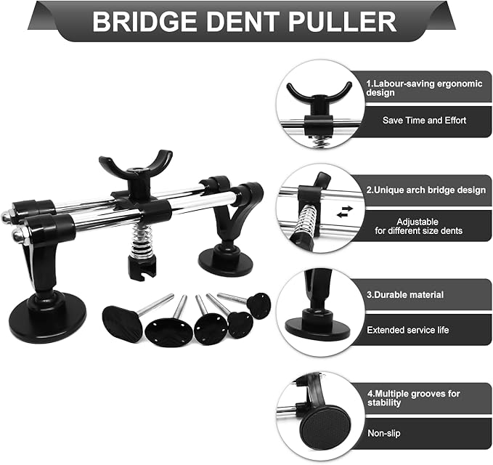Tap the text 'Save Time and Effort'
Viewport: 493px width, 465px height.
pyautogui.click(x=424, y=120)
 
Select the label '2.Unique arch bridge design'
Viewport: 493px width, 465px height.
pyautogui.click(x=425, y=190)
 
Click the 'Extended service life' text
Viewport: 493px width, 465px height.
pyautogui.click(x=407, y=330)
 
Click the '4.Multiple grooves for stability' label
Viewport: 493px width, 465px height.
pyautogui.click(x=413, y=397)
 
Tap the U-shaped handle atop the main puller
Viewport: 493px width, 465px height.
pyautogui.click(x=135, y=166)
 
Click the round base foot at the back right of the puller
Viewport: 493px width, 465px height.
pyautogui.click(x=226, y=259)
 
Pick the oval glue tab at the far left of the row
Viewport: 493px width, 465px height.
pyautogui.click(x=122, y=323)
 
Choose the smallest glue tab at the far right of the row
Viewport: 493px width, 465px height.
pyautogui.click(x=258, y=305)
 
